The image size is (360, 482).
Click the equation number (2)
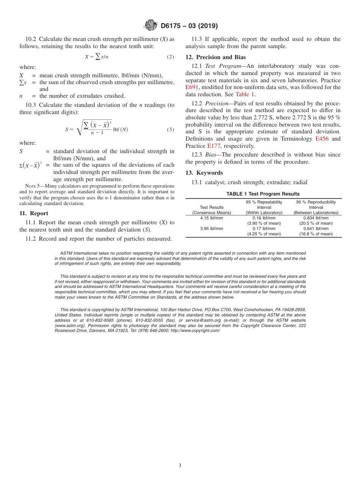(170, 56)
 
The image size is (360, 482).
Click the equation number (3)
(170, 129)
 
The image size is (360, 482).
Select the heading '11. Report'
(34, 213)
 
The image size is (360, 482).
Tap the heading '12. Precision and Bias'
(216, 57)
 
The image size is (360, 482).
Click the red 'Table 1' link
(245, 94)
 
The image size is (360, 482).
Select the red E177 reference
(214, 146)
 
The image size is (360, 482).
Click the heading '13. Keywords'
(204, 173)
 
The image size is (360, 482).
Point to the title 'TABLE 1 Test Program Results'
(263, 194)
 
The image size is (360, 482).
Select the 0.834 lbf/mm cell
(316, 218)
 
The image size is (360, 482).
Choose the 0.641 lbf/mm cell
(316, 229)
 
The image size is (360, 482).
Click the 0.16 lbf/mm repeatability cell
(264, 218)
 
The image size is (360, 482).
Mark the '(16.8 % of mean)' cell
(316, 234)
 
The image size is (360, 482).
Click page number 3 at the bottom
(180, 466)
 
